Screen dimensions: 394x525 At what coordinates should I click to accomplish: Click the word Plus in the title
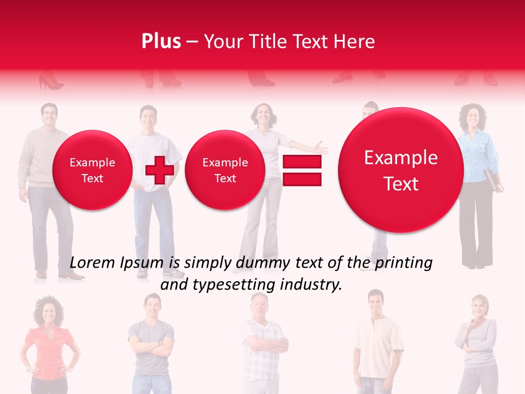(161, 42)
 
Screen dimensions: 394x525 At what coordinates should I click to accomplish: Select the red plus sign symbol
(160, 170)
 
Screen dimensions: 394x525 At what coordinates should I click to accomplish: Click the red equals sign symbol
(302, 170)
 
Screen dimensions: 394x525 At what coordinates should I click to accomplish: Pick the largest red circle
(401, 170)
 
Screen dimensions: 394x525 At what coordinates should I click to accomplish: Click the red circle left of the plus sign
(92, 170)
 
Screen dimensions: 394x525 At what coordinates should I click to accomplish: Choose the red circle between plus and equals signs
(225, 170)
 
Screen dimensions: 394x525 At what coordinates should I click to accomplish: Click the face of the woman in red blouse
(48, 312)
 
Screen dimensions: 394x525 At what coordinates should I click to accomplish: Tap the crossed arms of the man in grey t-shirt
(151, 348)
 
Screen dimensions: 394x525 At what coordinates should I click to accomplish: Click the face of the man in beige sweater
(49, 115)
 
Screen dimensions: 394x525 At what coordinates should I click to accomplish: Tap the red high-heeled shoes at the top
(50, 84)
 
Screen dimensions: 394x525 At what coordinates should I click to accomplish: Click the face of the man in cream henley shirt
(376, 303)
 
